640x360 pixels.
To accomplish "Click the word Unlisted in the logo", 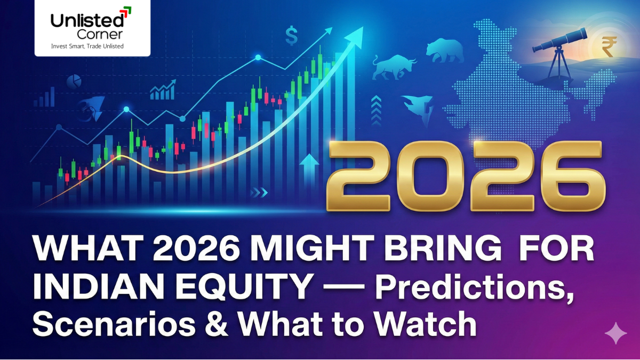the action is [87, 20].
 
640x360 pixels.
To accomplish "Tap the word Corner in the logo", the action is [100, 34].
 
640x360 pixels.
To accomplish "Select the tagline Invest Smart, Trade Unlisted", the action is [87, 46].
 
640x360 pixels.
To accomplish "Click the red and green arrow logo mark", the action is [126, 11].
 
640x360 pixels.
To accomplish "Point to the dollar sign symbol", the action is [291, 35].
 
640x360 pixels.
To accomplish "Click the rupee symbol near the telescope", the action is [609, 46].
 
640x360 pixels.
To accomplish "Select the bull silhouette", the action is [394, 67].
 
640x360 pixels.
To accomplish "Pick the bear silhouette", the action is [445, 51].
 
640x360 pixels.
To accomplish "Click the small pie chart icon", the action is [74, 81].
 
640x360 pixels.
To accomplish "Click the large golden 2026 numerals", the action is [466, 176].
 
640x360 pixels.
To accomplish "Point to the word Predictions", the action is [475, 286].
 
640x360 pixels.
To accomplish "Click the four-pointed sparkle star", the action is [615, 333].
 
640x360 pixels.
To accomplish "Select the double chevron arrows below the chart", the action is [259, 193].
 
